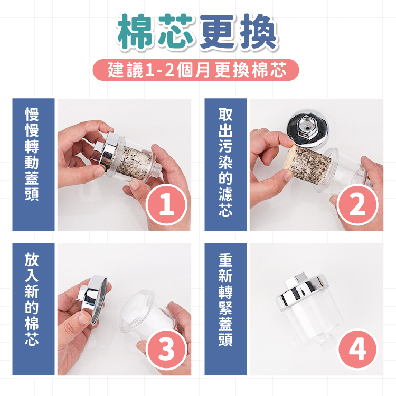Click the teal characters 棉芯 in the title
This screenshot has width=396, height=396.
click(155, 31)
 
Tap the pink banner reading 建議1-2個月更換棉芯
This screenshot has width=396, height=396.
click(196, 70)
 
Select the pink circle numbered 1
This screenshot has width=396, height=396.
click(167, 204)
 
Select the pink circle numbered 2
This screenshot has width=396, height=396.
click(357, 204)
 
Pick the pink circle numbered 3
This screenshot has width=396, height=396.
click(167, 350)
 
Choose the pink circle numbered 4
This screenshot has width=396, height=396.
click(357, 350)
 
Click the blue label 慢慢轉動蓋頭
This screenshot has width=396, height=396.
click(33, 164)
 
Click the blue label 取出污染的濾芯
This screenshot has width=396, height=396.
click(225, 164)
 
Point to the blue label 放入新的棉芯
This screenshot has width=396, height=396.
click(33, 309)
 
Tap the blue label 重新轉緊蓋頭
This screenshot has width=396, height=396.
click(225, 309)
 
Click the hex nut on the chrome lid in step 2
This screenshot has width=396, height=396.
click(306, 128)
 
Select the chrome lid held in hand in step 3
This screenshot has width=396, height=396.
click(94, 298)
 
